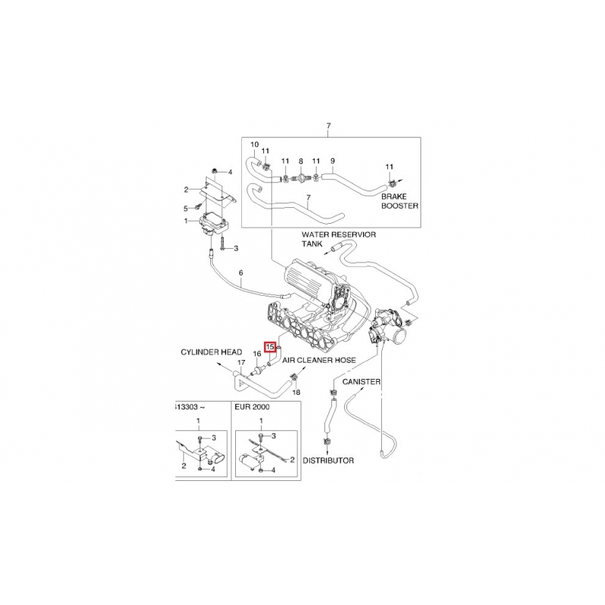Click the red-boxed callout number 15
tap(269, 347)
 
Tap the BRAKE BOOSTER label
tap(400, 201)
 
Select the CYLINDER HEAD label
tap(212, 352)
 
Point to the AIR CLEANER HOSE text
tap(319, 360)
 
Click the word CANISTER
tap(361, 382)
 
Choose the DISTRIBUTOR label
tap(328, 461)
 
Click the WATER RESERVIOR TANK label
tap(339, 239)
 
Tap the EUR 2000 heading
tap(252, 407)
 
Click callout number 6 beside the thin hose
tap(240, 273)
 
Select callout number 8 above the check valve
tap(301, 161)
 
